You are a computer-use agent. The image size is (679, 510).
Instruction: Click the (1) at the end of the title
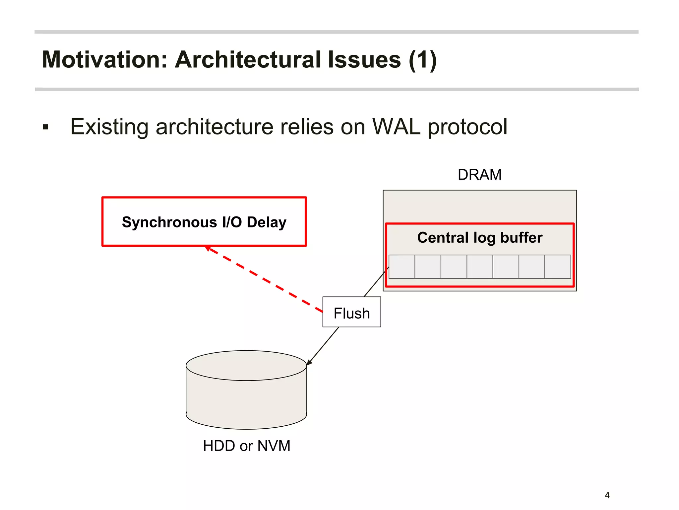[423, 60]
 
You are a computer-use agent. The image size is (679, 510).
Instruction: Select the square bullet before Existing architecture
[46, 127]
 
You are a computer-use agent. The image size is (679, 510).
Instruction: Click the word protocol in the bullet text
[467, 127]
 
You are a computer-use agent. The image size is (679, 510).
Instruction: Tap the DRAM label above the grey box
[479, 175]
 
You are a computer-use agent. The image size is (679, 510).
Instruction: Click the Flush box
[351, 312]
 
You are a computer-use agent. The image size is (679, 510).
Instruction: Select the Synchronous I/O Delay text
[204, 222]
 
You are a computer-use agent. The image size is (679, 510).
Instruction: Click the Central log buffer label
[479, 237]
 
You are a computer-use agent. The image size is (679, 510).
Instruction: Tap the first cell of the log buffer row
[401, 267]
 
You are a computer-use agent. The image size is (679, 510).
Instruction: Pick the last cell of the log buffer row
[558, 267]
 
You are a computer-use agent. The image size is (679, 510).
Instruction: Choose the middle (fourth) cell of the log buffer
[480, 267]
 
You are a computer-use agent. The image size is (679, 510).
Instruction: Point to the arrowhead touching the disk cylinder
[309, 363]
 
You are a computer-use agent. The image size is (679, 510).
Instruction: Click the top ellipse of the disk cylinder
[246, 365]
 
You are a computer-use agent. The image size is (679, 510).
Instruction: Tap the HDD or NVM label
[246, 446]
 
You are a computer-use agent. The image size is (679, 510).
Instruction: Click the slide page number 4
[607, 495]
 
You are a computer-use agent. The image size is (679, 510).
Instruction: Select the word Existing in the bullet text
[109, 127]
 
